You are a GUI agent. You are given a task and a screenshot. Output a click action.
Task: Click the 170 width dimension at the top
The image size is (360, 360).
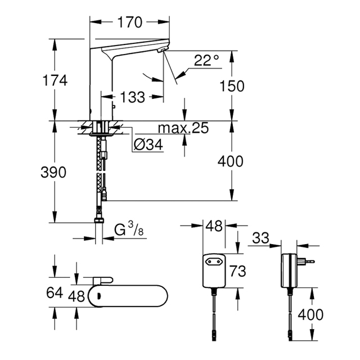pos(130,22)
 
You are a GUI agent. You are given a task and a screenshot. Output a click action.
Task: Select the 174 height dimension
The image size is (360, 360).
pos(55,80)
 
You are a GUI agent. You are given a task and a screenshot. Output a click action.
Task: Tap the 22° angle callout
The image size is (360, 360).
pos(206,60)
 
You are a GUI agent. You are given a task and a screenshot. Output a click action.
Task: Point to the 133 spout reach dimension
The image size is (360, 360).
pos(133,97)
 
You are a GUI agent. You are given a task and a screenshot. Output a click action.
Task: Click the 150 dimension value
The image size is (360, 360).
pos(232,86)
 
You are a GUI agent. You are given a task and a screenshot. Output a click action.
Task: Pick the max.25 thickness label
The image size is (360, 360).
pos(183,128)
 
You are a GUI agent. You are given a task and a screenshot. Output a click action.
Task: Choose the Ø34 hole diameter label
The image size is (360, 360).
pos(148,145)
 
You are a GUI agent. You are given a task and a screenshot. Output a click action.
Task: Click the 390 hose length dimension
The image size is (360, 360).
pos(53,172)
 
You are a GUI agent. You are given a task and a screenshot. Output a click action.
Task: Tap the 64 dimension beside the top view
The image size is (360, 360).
pos(55,292)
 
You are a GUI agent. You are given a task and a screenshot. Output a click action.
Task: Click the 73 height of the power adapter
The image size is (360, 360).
pos(238,271)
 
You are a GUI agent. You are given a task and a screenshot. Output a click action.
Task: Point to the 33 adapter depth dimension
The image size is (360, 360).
pos(260,238)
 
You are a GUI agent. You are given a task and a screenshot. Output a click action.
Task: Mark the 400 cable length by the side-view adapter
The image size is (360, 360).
pos(310,314)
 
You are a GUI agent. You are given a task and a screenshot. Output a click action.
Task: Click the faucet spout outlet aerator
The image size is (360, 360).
pos(163,49)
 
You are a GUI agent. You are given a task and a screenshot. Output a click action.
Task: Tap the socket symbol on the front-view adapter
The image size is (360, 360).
pos(214,261)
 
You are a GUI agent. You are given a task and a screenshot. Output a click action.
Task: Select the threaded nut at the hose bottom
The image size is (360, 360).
pos(99,220)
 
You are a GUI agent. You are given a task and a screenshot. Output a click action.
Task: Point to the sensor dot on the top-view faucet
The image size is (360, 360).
pos(99,296)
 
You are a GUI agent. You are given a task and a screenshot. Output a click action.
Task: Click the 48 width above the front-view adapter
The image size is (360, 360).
pos(214,226)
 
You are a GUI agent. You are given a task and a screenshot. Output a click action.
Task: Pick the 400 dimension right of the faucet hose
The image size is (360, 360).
pos(230,161)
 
